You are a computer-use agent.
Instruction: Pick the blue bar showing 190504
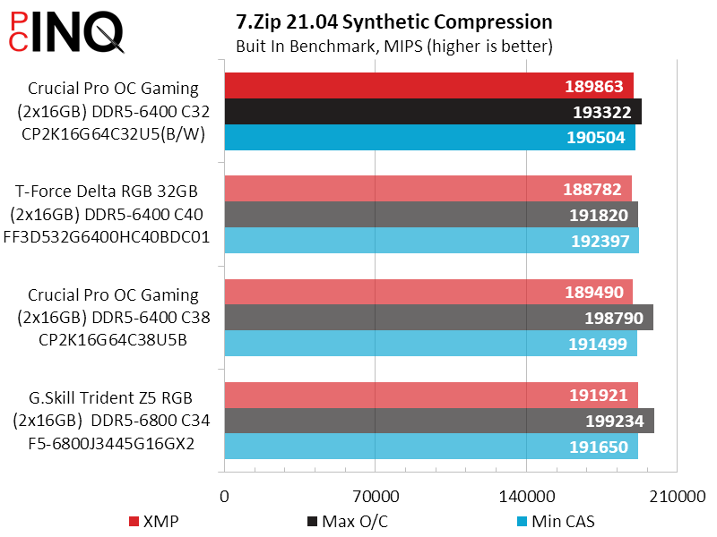[x=429, y=137]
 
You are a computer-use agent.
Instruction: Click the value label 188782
[x=595, y=189]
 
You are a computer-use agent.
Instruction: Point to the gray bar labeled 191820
[x=431, y=215]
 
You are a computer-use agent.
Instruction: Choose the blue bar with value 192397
[x=431, y=240]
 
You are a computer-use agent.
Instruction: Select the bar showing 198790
[x=438, y=318]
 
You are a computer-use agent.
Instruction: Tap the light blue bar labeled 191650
[x=430, y=447]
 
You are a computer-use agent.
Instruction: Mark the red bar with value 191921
[x=430, y=395]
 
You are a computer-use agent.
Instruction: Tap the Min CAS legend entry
[x=555, y=522]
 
